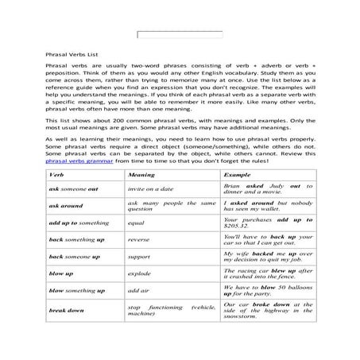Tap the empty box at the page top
pos(180,35)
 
